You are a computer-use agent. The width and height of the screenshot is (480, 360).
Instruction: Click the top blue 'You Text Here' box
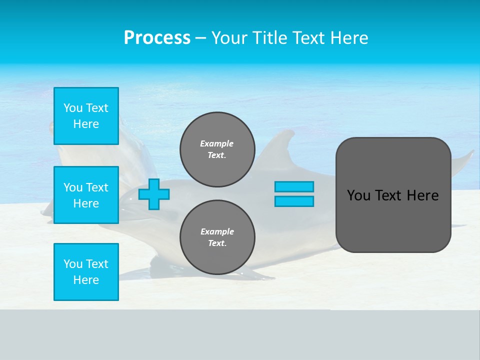(x=86, y=116)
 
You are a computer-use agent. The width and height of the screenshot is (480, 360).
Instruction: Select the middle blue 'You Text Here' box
(x=86, y=195)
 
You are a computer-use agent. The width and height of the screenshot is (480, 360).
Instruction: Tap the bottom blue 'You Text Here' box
(x=86, y=272)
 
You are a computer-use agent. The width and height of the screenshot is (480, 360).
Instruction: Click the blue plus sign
(x=154, y=194)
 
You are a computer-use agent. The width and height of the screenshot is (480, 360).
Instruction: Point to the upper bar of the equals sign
(x=294, y=186)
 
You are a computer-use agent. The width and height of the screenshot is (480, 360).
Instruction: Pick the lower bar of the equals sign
(x=294, y=201)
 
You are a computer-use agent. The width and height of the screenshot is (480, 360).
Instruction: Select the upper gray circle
(x=217, y=149)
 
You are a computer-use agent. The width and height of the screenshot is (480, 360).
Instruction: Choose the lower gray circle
(x=217, y=237)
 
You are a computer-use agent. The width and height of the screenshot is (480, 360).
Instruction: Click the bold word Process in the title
(x=157, y=38)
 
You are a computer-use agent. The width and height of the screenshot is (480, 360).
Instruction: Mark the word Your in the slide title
(x=230, y=38)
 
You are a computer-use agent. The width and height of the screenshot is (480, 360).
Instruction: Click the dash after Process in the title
(x=201, y=38)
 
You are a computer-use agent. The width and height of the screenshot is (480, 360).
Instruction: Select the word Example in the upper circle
(x=217, y=143)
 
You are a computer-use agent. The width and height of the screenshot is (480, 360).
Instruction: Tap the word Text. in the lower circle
(x=217, y=243)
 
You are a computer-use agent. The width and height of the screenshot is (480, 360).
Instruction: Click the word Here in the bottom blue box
(x=86, y=280)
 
